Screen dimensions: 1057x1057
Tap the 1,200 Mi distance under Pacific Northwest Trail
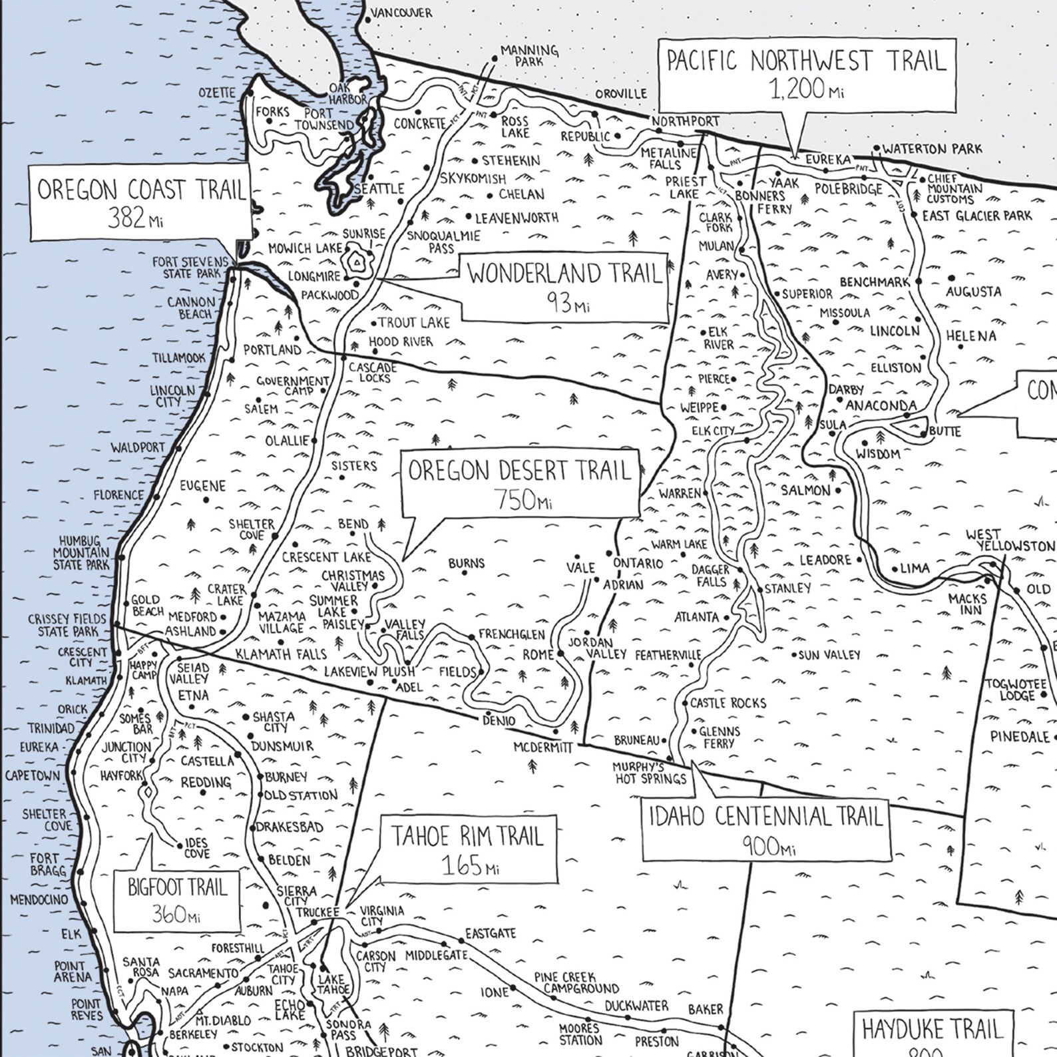(x=806, y=89)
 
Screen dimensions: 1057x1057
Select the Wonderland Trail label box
(x=564, y=286)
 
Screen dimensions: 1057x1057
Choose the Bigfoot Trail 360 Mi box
(x=177, y=901)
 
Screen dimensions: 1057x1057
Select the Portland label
(x=272, y=349)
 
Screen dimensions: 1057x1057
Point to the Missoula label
(x=844, y=313)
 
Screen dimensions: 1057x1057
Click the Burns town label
(x=466, y=563)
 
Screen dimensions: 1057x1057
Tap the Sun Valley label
(x=829, y=655)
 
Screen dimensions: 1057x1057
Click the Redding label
(x=206, y=782)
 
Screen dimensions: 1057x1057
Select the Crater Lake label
(x=226, y=594)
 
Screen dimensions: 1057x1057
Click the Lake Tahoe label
(x=330, y=984)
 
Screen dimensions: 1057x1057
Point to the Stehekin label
(x=511, y=160)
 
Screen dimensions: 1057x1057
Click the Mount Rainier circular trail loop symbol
(x=358, y=262)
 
